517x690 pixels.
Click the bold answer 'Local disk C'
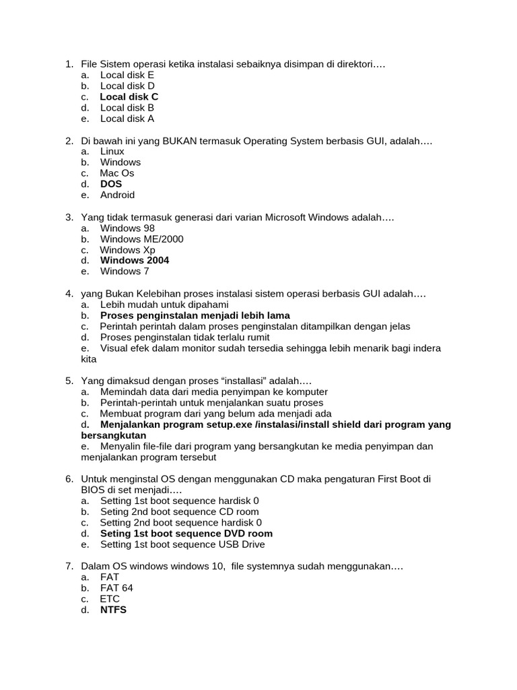129,97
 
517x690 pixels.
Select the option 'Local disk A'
127,119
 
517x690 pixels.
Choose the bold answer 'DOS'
111,184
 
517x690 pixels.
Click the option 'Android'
117,195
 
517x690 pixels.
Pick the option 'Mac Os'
116,173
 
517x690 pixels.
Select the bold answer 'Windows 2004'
135,260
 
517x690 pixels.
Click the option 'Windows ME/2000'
141,239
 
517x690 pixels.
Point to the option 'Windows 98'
127,228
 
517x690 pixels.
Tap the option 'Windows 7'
125,271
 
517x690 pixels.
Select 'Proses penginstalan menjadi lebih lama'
195,315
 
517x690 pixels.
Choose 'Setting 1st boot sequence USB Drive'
182,544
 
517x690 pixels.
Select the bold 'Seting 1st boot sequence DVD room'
186,534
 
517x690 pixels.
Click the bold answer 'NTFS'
113,610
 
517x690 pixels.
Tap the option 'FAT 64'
116,588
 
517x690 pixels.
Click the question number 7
69,567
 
